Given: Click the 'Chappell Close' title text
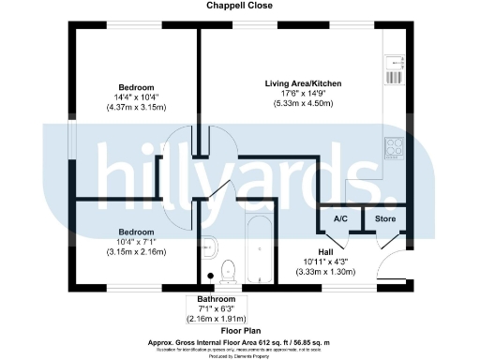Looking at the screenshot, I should pos(240,6).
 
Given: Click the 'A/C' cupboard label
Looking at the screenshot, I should pos(341,218).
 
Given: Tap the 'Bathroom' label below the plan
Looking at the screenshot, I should pos(217,299).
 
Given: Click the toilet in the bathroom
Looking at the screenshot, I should pos(227,270).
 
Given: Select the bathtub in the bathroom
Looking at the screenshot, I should pos(256,248).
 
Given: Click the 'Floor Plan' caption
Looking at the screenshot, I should pos(240,331).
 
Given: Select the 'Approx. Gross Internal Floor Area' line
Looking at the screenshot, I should pos(240,341).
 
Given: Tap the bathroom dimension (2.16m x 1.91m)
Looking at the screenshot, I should pos(217,320).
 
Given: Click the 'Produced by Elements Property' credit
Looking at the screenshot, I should pos(240,356).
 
